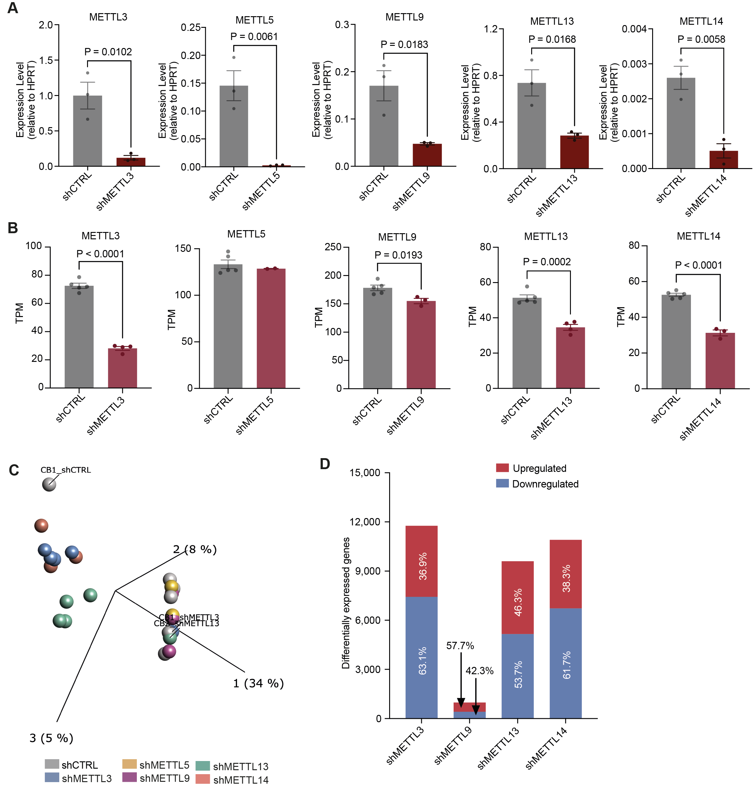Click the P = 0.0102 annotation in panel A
click(x=108, y=52)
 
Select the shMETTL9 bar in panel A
click(x=427, y=155)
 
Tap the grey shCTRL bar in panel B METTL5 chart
click(x=228, y=326)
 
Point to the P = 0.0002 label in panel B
click(x=546, y=262)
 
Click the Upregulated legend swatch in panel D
click(x=502, y=468)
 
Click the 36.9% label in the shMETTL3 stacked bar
click(x=422, y=566)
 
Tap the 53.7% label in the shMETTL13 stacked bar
click(x=518, y=675)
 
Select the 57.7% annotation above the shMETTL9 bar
click(x=460, y=646)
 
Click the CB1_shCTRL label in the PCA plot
click(x=65, y=470)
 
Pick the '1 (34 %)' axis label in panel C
click(x=258, y=683)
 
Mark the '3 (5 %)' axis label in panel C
click(x=51, y=738)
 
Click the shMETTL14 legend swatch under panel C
click(x=203, y=779)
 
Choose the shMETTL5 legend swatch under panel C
click(x=129, y=764)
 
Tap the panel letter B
click(x=13, y=228)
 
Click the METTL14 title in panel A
click(x=701, y=21)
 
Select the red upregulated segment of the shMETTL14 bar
click(x=565, y=574)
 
